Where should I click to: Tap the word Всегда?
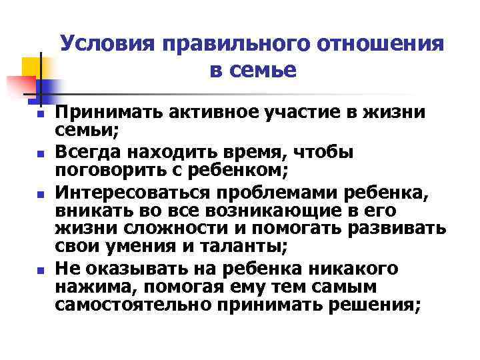coord(89,152)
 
